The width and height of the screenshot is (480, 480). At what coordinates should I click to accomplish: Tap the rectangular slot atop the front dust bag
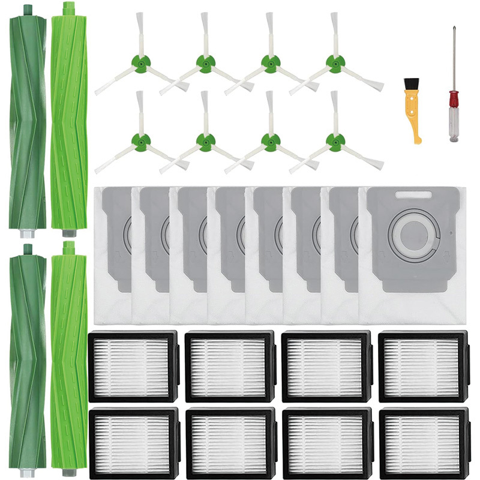tap(413, 195)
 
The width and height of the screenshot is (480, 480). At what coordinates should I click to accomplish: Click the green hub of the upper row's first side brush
tap(140, 64)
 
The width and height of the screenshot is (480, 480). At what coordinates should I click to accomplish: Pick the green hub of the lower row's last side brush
tap(335, 142)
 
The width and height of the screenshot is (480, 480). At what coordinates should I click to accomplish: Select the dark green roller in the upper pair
tap(28, 120)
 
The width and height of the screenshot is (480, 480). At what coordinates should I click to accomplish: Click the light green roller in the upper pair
tap(69, 120)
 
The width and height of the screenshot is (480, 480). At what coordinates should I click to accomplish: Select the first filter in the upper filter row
tap(133, 366)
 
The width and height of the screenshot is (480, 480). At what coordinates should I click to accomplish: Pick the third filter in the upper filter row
tap(326, 366)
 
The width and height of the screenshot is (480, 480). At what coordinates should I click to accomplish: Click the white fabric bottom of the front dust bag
tap(414, 300)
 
